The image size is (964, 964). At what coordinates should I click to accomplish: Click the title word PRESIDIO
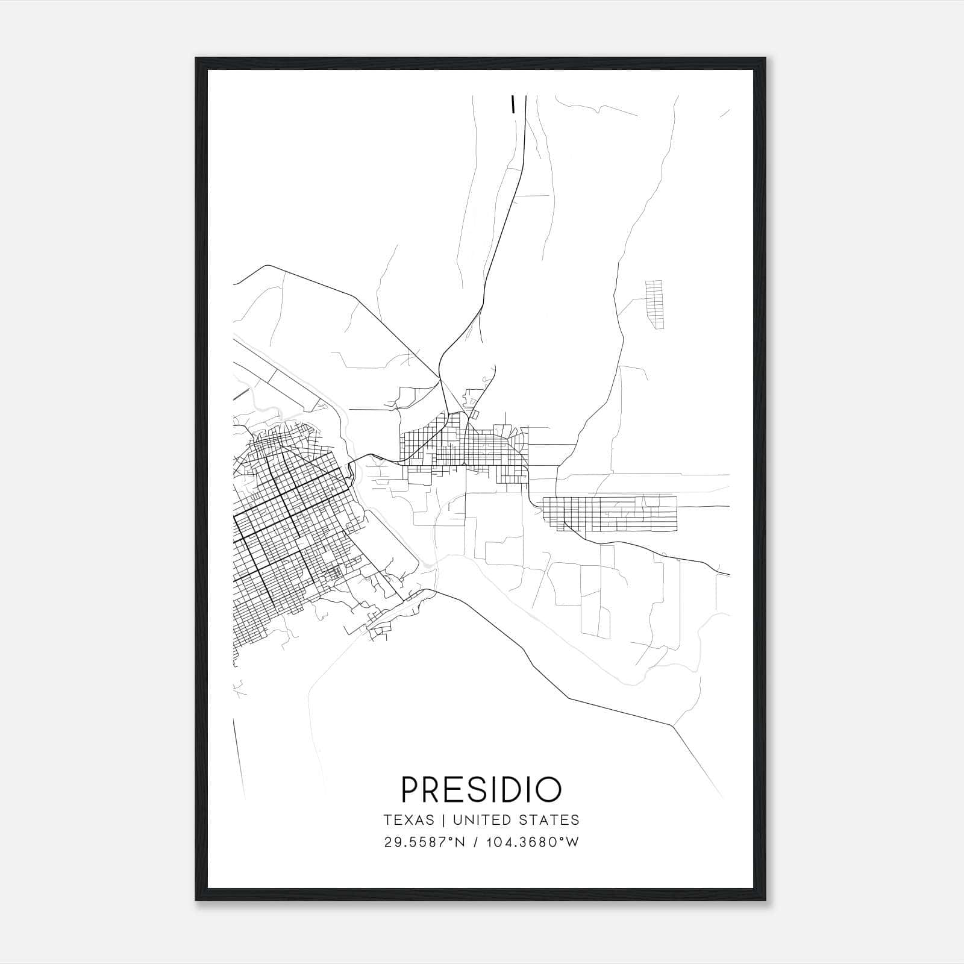pyautogui.click(x=481, y=789)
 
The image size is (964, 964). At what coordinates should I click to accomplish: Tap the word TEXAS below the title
pyautogui.click(x=409, y=820)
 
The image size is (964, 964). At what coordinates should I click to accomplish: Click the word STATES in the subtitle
pyautogui.click(x=548, y=820)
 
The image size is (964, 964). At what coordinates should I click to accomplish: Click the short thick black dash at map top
pyautogui.click(x=513, y=104)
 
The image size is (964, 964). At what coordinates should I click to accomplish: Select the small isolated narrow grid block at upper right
pyautogui.click(x=654, y=304)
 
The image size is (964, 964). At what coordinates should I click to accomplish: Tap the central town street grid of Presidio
pyautogui.click(x=464, y=446)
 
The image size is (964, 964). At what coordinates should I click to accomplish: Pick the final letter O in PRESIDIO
pyautogui.click(x=549, y=789)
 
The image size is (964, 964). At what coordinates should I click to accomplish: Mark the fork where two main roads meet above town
pyautogui.click(x=440, y=378)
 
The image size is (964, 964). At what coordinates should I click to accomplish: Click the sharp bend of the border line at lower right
pyautogui.click(x=672, y=725)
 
